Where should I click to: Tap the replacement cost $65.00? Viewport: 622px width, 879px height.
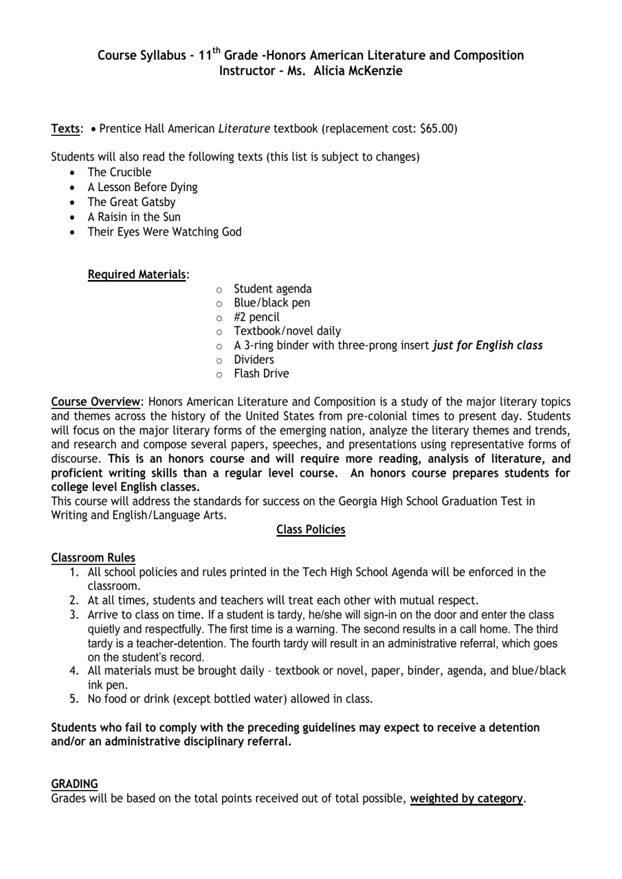[437, 128]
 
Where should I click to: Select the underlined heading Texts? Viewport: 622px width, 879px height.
[65, 128]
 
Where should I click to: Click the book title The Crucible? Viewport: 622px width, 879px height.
[119, 172]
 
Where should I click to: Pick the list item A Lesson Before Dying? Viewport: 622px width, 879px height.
[142, 187]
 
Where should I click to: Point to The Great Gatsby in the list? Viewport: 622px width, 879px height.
[131, 202]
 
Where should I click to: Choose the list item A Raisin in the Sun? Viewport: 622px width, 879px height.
[134, 217]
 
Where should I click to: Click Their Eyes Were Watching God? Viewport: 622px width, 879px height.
[164, 232]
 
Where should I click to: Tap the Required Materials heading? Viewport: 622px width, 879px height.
[137, 274]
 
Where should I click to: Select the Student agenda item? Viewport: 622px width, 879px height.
[272, 289]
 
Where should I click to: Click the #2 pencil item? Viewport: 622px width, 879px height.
[256, 317]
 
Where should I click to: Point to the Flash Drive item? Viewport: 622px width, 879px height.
[261, 373]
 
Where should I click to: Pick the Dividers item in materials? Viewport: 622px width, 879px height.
[253, 360]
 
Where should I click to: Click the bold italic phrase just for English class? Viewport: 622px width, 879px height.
[487, 345]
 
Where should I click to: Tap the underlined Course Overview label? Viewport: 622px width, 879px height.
[96, 402]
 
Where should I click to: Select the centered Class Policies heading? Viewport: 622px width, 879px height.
[310, 529]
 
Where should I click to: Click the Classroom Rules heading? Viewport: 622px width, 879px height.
[93, 558]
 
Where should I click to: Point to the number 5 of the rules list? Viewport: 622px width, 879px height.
[74, 699]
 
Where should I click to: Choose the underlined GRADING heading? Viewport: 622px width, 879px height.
[74, 784]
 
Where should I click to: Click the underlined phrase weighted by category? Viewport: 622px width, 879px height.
[466, 798]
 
